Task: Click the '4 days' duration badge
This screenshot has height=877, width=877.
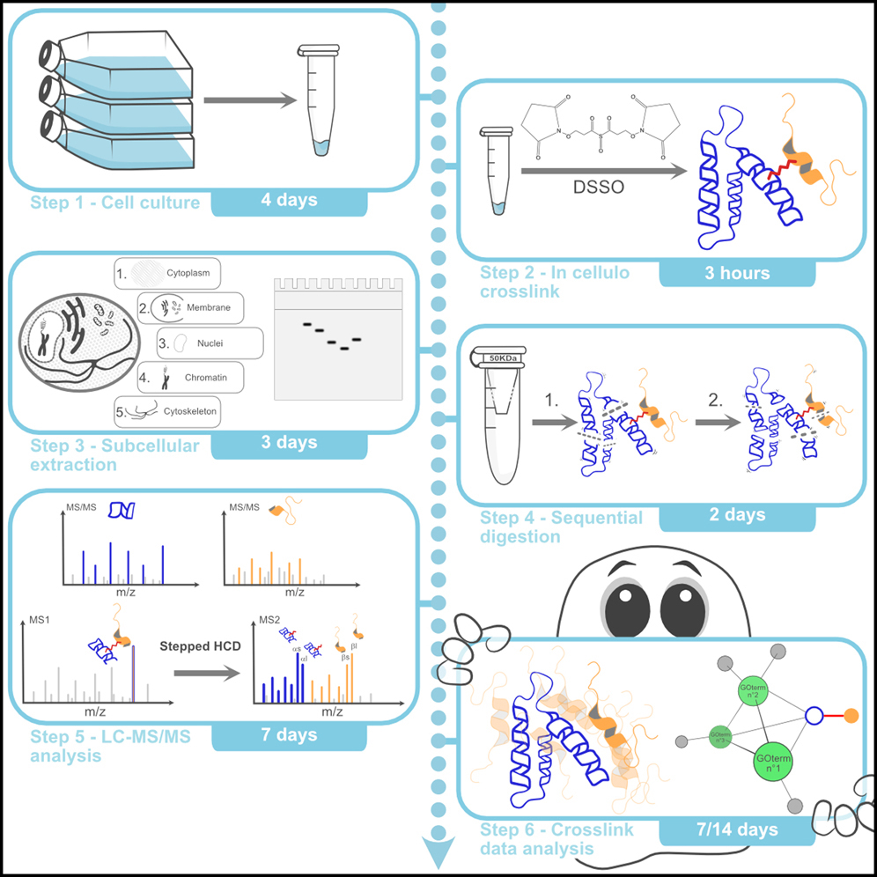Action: tap(289, 201)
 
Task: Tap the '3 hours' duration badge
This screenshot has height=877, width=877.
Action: tap(736, 273)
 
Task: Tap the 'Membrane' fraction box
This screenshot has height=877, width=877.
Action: tap(193, 308)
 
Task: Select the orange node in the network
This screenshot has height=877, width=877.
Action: tap(851, 716)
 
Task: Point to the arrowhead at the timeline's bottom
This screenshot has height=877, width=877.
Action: tap(438, 851)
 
